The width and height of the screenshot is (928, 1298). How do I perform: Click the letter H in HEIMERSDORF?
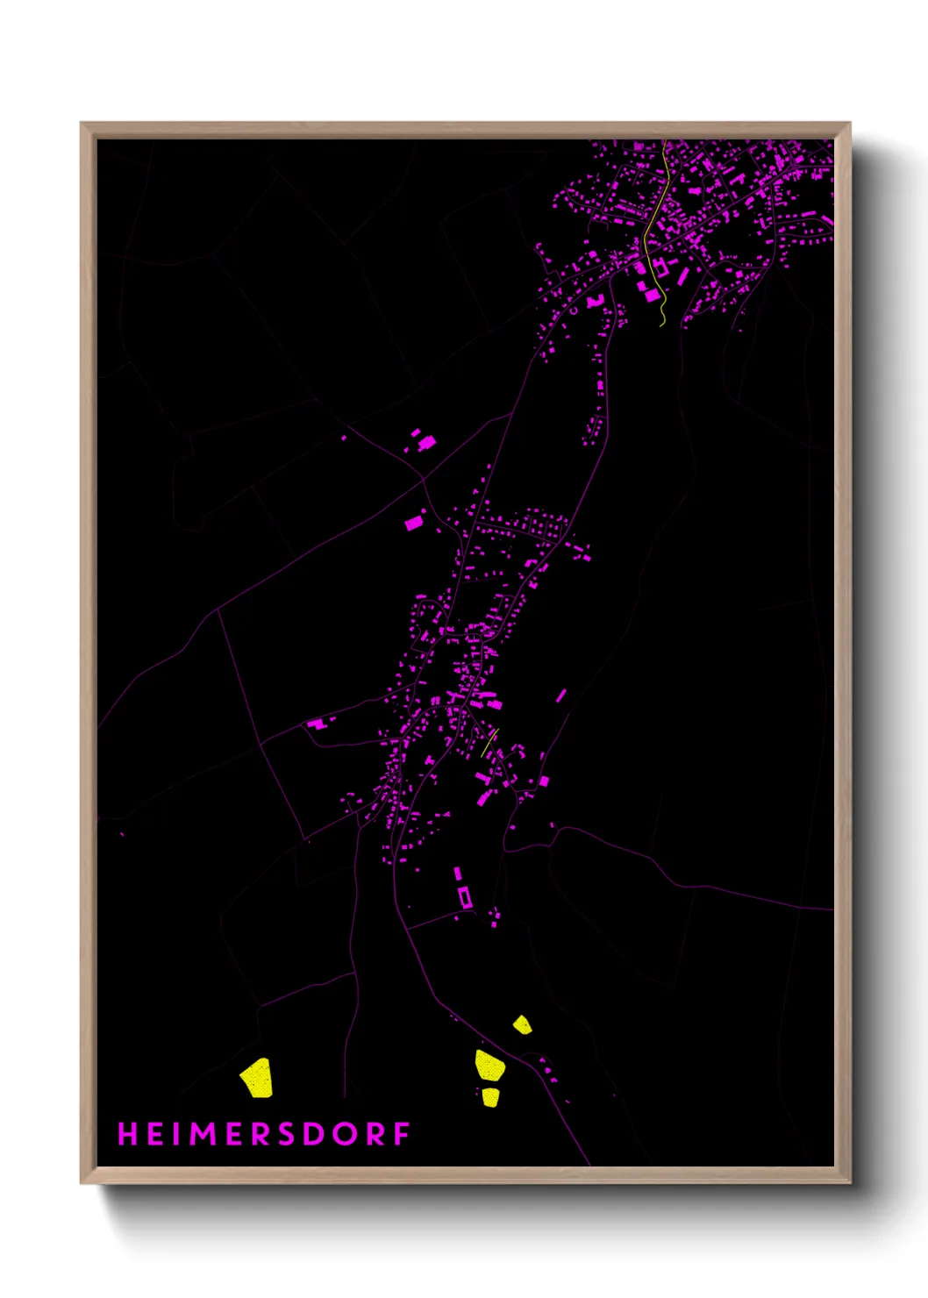[128, 1134]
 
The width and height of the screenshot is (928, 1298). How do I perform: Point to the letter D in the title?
[315, 1134]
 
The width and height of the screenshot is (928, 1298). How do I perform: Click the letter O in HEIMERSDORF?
[345, 1134]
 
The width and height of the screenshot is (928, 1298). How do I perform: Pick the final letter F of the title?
[402, 1134]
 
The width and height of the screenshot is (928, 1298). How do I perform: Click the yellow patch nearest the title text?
[257, 1077]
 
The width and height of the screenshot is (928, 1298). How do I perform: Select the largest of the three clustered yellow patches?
[489, 1066]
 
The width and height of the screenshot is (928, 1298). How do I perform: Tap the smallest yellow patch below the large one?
[490, 1097]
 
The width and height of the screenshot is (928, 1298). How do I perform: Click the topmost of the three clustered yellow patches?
[522, 1024]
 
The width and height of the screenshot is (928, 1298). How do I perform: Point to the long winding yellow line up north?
[657, 228]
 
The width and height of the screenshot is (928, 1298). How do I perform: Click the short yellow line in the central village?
[489, 743]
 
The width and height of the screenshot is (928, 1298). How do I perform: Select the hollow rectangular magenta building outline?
[465, 897]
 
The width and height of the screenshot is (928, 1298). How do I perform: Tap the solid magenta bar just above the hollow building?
[457, 874]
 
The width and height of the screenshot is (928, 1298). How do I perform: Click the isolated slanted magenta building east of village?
[560, 695]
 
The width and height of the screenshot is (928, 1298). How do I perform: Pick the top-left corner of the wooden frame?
[82, 124]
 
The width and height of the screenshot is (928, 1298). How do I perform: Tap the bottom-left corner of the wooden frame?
[82, 1182]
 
